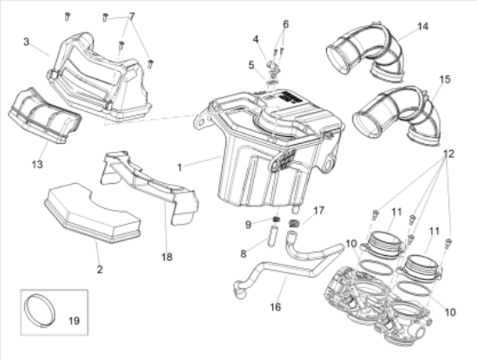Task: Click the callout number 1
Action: [x=180, y=167]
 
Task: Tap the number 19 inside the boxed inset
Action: [x=74, y=320]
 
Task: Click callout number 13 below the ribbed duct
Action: [x=37, y=165]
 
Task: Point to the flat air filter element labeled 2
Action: [x=93, y=213]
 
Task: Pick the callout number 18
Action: [x=167, y=257]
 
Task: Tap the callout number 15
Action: [x=445, y=80]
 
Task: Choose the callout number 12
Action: [x=448, y=154]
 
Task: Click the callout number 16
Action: [x=275, y=307]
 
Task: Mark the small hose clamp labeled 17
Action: [x=293, y=223]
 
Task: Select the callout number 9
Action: [x=248, y=225]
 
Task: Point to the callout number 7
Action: [x=132, y=16]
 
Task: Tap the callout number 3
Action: [x=27, y=42]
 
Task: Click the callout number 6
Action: [x=285, y=24]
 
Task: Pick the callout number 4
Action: [x=256, y=39]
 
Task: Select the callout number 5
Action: [x=251, y=65]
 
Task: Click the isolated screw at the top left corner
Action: [x=68, y=16]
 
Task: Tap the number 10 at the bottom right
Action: [x=450, y=312]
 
